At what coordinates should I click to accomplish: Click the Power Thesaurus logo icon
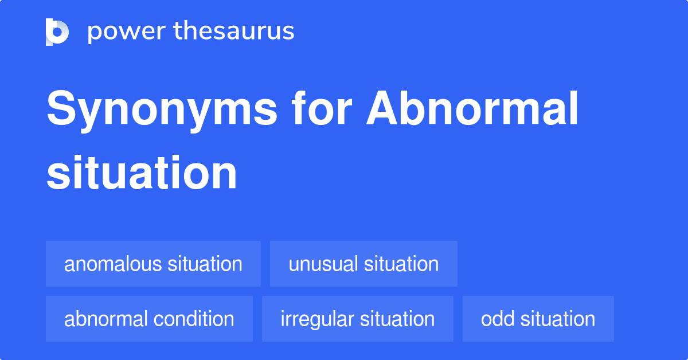57,32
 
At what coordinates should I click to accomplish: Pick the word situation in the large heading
142,173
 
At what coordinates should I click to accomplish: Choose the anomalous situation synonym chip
153,264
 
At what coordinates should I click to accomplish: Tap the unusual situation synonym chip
363,264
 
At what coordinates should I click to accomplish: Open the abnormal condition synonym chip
149,319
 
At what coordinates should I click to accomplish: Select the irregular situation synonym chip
357,319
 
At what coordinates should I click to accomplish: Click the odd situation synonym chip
538,319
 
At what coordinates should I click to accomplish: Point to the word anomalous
113,264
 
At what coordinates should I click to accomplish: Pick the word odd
497,319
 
